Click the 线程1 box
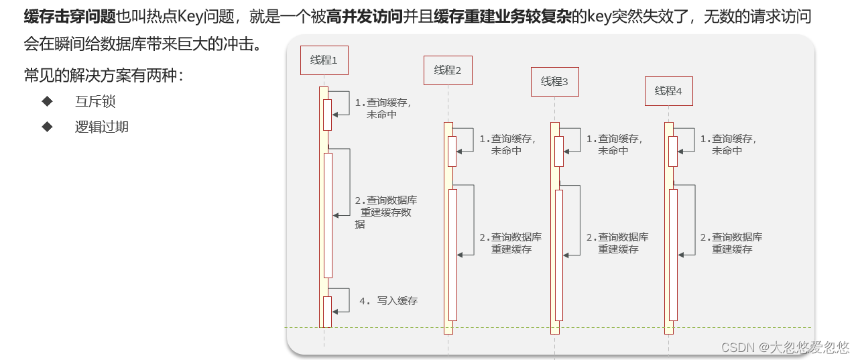pyautogui.click(x=324, y=60)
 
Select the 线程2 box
pyautogui.click(x=448, y=70)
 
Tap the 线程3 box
pyautogui.click(x=554, y=82)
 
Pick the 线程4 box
pyautogui.click(x=668, y=91)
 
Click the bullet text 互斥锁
pyautogui.click(x=95, y=102)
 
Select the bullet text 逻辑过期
pyautogui.click(x=101, y=127)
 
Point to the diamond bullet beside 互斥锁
pyautogui.click(x=47, y=101)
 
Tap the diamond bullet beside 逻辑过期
pyautogui.click(x=47, y=126)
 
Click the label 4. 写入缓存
pyautogui.click(x=388, y=301)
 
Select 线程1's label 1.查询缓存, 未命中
pyautogui.click(x=383, y=109)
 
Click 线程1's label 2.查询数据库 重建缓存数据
pyautogui.click(x=386, y=212)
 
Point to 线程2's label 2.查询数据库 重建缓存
pyautogui.click(x=511, y=243)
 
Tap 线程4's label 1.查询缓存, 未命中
pyautogui.click(x=728, y=145)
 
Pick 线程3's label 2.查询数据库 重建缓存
pyautogui.click(x=617, y=243)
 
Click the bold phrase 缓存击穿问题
pyautogui.click(x=70, y=17)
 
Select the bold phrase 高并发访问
pyautogui.click(x=365, y=17)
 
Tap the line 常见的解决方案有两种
pyautogui.click(x=103, y=75)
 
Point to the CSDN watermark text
pyautogui.click(x=785, y=347)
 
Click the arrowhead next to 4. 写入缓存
pyautogui.click(x=336, y=312)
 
